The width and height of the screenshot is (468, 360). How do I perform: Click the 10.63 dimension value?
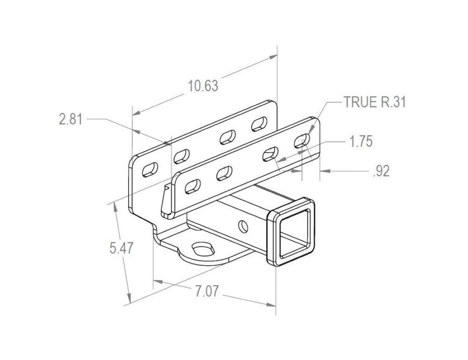tap(202, 86)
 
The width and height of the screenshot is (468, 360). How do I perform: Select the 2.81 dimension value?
tap(71, 119)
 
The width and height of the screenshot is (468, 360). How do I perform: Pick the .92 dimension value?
tap(380, 171)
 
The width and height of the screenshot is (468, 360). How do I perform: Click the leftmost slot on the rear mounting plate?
tap(150, 167)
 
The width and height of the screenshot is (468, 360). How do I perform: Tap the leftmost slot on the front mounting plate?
tap(191, 186)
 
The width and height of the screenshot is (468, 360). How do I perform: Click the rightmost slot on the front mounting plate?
tap(302, 139)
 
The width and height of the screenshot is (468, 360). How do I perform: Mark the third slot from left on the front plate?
tap(270, 153)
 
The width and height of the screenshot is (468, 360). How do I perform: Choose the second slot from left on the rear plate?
tap(183, 154)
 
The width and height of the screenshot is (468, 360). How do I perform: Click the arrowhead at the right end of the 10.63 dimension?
tap(274, 57)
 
